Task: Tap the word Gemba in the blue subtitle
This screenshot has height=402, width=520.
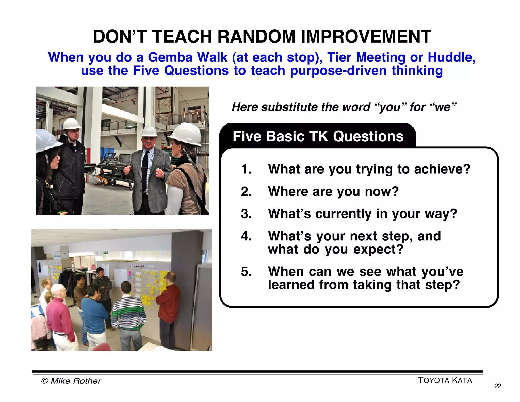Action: pyautogui.click(x=170, y=57)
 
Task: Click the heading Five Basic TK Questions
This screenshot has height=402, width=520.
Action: pyautogui.click(x=318, y=136)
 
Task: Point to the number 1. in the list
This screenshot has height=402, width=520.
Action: pyautogui.click(x=246, y=169)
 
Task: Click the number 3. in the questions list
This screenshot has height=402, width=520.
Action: pyautogui.click(x=246, y=214)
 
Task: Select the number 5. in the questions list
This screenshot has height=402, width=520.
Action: pyautogui.click(x=246, y=272)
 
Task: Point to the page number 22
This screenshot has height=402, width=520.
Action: pyautogui.click(x=498, y=386)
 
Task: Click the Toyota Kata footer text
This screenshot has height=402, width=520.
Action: pyautogui.click(x=445, y=380)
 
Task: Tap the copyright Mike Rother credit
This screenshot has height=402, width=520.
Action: pyautogui.click(x=71, y=381)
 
